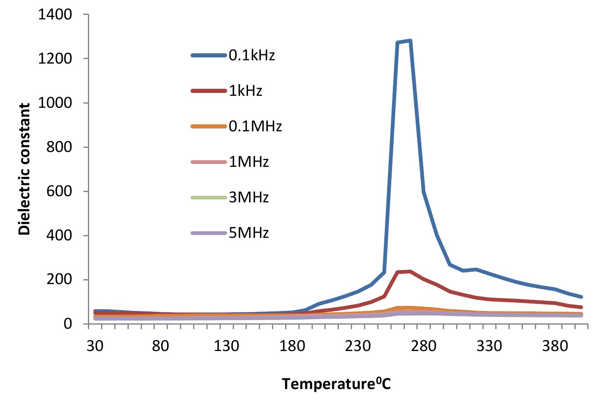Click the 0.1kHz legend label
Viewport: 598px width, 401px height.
[252, 55]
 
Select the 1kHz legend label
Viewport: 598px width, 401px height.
[246, 91]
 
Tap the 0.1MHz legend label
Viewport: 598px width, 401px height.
[255, 126]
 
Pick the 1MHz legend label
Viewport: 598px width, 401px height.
[249, 161]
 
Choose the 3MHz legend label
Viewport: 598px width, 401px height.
[249, 197]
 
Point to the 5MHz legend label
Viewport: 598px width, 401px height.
[249, 233]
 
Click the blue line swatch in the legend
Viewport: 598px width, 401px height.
[209, 55]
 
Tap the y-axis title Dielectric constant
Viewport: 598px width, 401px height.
[25, 169]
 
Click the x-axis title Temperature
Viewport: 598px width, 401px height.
[336, 384]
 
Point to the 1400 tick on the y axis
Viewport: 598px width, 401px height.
[55, 15]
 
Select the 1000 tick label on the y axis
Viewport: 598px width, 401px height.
[55, 103]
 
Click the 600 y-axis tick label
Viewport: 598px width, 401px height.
[59, 191]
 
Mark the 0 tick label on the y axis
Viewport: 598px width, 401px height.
[68, 324]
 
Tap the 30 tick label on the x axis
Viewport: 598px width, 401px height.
[95, 345]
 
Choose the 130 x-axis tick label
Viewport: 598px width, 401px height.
[226, 345]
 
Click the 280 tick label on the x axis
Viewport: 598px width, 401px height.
[423, 345]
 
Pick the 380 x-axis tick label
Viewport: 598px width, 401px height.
[555, 345]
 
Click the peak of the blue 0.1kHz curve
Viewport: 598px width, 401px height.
[410, 40]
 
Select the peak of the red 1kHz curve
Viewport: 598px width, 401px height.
[410, 271]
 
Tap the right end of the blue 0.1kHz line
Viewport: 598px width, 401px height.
[581, 297]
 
